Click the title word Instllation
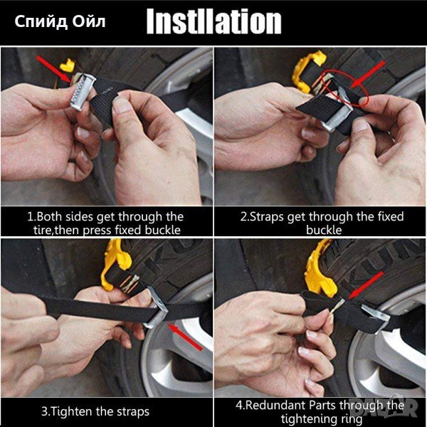tap(213, 21)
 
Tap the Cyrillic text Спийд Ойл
tap(60, 21)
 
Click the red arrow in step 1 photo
tap(53, 69)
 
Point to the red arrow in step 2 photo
tap(367, 74)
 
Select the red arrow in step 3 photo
tap(186, 337)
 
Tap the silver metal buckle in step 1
tap(83, 92)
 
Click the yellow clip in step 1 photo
tap(68, 65)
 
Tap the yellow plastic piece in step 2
tap(307, 71)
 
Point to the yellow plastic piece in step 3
tap(115, 263)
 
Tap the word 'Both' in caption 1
tap(49, 217)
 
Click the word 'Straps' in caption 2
tap(267, 217)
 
